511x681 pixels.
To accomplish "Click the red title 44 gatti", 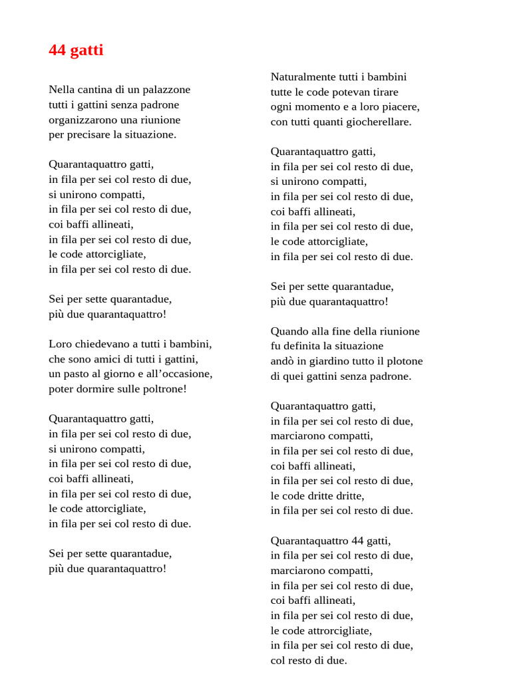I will pyautogui.click(x=76, y=51).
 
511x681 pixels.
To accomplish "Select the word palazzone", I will pyautogui.click(x=167, y=89).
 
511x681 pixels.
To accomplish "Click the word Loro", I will pyautogui.click(x=60, y=344).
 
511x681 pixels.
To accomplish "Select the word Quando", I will pyautogui.click(x=289, y=331).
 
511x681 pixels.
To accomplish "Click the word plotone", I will pyautogui.click(x=403, y=361).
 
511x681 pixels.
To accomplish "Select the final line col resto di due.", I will pyautogui.click(x=309, y=660).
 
